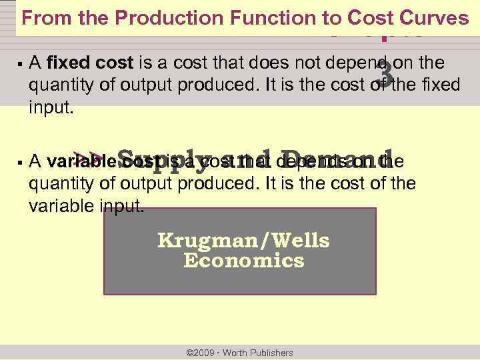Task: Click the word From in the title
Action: (x=42, y=18)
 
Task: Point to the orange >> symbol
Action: (x=89, y=157)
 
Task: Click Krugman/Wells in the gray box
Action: (x=243, y=240)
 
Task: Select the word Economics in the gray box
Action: (x=243, y=260)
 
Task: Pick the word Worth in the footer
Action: (x=235, y=353)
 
